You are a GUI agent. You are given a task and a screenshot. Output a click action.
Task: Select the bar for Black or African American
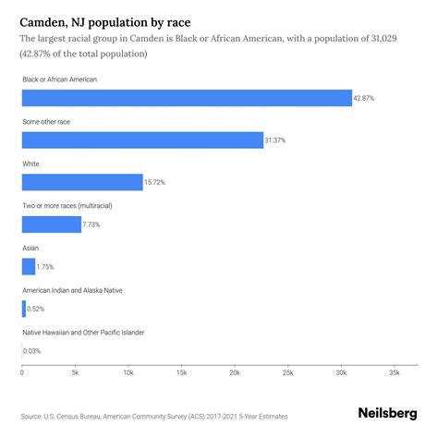tap(186, 98)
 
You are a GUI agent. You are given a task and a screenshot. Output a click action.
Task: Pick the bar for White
tap(81, 182)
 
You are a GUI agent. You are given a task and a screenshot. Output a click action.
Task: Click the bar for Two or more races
tap(51, 224)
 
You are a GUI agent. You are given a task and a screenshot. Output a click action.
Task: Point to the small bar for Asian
tap(28, 266)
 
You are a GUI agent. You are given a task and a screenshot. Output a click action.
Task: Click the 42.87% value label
tap(366, 98)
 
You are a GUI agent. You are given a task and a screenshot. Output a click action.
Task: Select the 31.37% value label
tap(278, 140)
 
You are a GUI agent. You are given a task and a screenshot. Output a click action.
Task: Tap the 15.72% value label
tap(156, 182)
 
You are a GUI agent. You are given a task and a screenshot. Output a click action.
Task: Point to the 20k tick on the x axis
tap(235, 372)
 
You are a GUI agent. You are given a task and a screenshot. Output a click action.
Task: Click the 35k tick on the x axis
tap(395, 372)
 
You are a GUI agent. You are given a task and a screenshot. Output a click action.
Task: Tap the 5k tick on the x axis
tap(75, 372)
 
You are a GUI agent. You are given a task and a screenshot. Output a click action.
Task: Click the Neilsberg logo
tap(387, 415)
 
